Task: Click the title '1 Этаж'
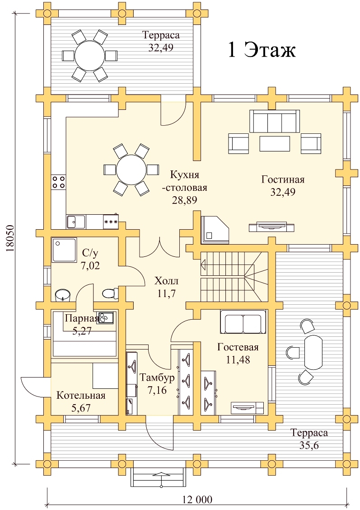tap(262, 50)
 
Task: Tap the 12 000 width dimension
tap(197, 500)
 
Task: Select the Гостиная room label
tap(283, 179)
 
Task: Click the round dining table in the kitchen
tap(131, 170)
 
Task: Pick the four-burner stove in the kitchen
tap(58, 181)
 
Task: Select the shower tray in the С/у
tap(64, 250)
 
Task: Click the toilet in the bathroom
tap(110, 293)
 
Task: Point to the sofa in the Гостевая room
tap(243, 322)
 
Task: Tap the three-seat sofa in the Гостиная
tap(275, 121)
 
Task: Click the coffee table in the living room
tap(275, 143)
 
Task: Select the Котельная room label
tap(81, 396)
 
